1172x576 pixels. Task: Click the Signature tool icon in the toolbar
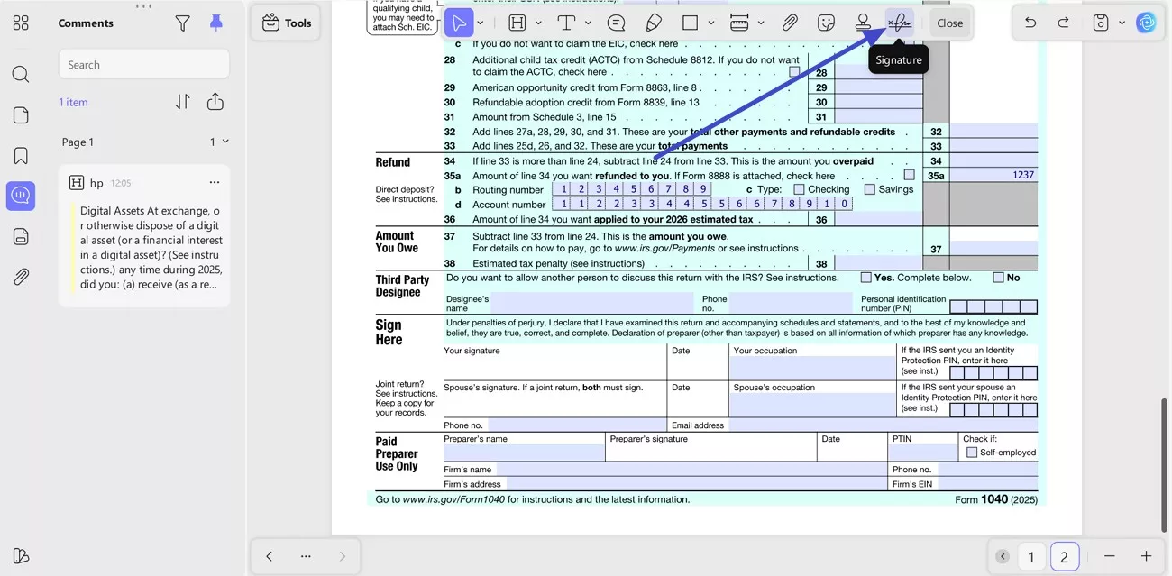pyautogui.click(x=899, y=23)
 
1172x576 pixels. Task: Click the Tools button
pyautogui.click(x=287, y=23)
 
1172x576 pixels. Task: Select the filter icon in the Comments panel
pyautogui.click(x=183, y=23)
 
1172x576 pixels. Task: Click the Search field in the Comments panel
pyautogui.click(x=144, y=65)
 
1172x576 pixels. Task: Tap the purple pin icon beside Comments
pyautogui.click(x=216, y=23)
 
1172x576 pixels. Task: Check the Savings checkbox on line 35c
pyautogui.click(x=870, y=189)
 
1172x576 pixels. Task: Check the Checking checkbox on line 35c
pyautogui.click(x=799, y=189)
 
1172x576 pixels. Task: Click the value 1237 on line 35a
pyautogui.click(x=1022, y=175)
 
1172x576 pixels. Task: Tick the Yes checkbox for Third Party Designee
pyautogui.click(x=866, y=278)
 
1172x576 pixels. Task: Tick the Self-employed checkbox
pyautogui.click(x=972, y=453)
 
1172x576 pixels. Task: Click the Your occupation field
pyautogui.click(x=812, y=368)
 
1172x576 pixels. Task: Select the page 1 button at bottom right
pyautogui.click(x=1031, y=557)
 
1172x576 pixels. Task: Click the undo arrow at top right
pyautogui.click(x=1030, y=23)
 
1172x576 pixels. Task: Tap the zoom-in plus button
pyautogui.click(x=1146, y=556)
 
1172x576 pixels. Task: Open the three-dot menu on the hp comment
pyautogui.click(x=215, y=182)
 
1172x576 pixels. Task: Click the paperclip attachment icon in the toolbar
pyautogui.click(x=790, y=23)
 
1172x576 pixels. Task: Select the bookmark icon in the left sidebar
pyautogui.click(x=21, y=155)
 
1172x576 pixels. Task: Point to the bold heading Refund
pyautogui.click(x=393, y=162)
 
